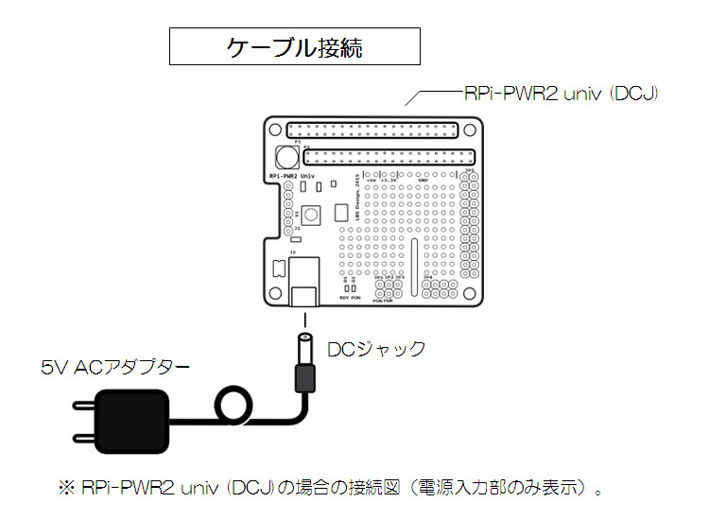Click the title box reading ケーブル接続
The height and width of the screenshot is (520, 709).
(294, 46)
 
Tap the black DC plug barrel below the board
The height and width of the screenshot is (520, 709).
(304, 375)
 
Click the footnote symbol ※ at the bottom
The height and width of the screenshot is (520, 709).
(66, 489)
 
